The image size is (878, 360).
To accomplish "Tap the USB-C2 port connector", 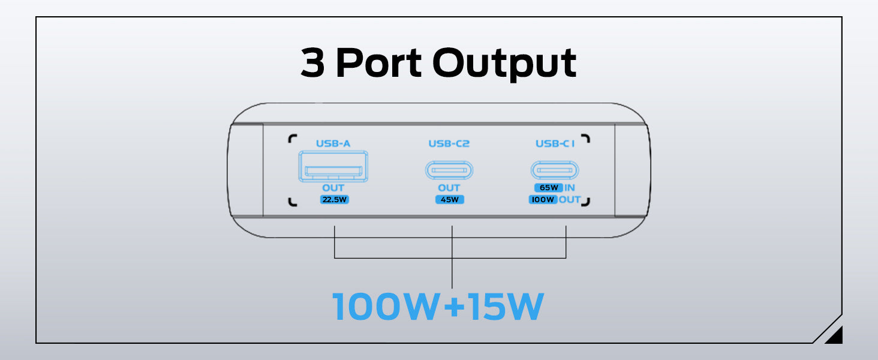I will click(449, 170).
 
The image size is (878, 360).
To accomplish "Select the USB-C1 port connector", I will click(555, 170).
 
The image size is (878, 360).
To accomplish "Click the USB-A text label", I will click(333, 143).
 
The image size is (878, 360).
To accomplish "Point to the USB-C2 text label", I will click(449, 143).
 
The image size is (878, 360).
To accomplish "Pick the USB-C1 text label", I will click(554, 143).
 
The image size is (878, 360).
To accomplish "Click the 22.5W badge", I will click(333, 200).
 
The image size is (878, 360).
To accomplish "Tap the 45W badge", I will click(449, 200).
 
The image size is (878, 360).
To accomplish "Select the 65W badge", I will click(548, 188).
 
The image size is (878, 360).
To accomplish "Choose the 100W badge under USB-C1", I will click(543, 200).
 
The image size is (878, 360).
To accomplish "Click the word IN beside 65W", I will click(570, 188).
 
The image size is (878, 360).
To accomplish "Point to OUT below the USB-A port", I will click(333, 188).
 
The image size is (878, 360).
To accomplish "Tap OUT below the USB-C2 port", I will click(449, 188).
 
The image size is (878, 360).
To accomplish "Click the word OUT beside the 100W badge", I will click(570, 200).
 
